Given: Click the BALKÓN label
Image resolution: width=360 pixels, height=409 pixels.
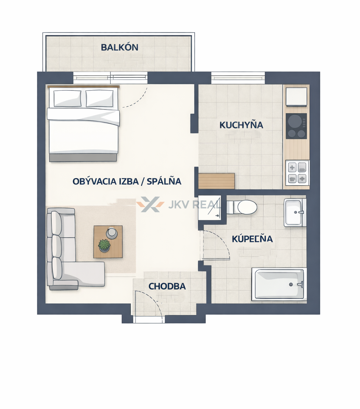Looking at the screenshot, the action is click(x=120, y=48).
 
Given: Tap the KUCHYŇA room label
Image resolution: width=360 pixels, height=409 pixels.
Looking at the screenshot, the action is click(x=241, y=125).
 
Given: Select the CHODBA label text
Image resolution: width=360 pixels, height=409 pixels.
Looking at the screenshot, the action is click(x=167, y=286).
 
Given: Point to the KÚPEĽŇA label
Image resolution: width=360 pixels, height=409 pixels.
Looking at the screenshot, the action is click(x=252, y=239).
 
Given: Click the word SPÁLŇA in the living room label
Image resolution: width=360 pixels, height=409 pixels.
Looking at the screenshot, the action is click(x=164, y=181).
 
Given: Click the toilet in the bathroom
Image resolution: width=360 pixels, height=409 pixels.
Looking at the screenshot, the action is click(x=242, y=207).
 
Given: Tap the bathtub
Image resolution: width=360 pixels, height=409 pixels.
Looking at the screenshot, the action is click(x=278, y=284).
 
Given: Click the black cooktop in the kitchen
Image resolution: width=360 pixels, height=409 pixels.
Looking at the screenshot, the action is click(x=296, y=126).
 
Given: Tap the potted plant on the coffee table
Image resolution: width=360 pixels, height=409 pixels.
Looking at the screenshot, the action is click(x=104, y=245).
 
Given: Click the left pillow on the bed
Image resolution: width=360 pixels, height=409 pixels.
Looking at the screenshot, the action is click(x=67, y=98).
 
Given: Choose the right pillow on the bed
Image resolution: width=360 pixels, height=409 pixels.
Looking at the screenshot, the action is click(x=99, y=98).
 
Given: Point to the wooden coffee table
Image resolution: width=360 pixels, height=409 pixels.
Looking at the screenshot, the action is click(x=108, y=242).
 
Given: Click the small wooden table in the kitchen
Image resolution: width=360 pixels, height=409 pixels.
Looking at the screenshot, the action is click(x=217, y=181).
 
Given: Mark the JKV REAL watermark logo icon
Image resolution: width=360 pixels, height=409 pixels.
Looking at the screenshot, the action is click(x=150, y=204).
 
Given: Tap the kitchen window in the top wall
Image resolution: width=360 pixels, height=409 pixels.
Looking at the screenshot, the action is click(x=238, y=78).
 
